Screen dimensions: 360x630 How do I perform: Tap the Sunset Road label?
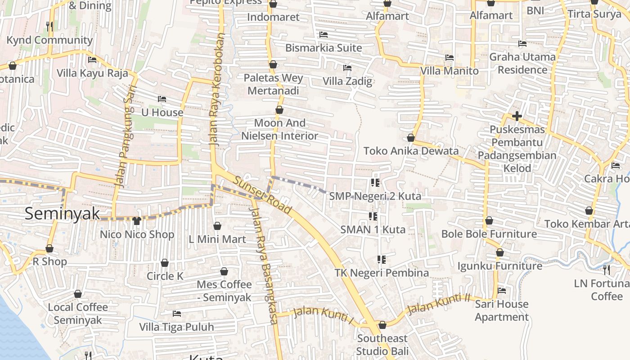[x=262, y=194]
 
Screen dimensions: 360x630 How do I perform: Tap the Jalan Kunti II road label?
[x=438, y=304]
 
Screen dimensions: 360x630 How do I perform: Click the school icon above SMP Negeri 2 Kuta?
[x=375, y=183]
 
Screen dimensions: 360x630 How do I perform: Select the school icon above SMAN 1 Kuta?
[x=373, y=216]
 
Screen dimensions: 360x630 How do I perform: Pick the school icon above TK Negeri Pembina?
[x=382, y=260]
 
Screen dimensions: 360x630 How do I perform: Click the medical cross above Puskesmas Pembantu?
[x=517, y=117]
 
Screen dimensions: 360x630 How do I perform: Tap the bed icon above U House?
[x=162, y=99]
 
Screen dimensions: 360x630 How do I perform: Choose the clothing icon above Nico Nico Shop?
[x=137, y=221]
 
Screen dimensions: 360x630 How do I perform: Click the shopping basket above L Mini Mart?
[x=217, y=226]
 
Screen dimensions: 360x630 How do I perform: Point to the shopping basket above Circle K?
[x=165, y=263]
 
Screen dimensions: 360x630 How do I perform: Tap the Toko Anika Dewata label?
[x=411, y=151]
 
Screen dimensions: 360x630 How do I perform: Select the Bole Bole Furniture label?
[x=489, y=234]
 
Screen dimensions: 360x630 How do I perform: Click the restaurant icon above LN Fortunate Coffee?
[x=606, y=270]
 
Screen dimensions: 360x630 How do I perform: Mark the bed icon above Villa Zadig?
[x=347, y=68]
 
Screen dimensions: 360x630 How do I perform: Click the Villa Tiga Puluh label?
[x=176, y=327]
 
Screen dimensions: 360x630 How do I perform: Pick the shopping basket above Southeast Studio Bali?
[x=382, y=325]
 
